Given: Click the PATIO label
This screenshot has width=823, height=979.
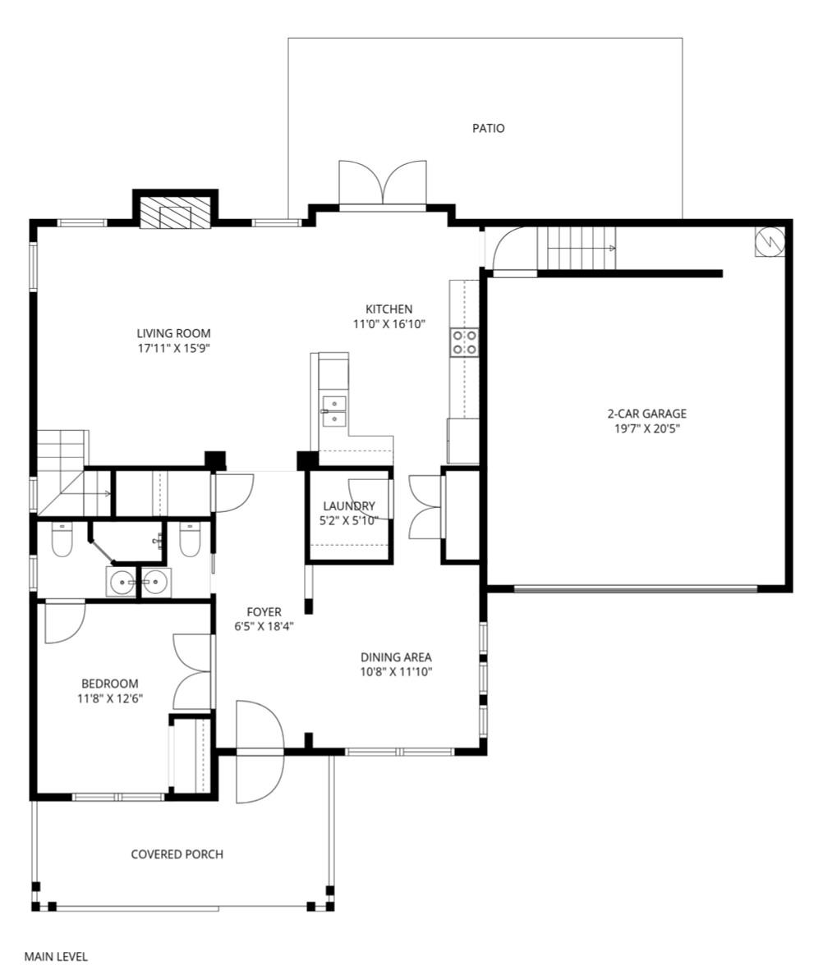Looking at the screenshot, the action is tap(488, 128).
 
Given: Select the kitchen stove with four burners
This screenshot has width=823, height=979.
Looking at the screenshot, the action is tap(464, 342).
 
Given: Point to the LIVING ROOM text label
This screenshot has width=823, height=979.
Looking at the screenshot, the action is tap(174, 333).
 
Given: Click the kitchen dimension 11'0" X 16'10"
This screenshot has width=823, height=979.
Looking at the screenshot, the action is tap(389, 324).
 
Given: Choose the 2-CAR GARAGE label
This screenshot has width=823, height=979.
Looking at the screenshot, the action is tap(646, 414).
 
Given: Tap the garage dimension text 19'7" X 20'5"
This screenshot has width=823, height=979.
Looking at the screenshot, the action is tap(646, 428).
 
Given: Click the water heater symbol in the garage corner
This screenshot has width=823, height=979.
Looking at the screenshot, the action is tap(770, 240).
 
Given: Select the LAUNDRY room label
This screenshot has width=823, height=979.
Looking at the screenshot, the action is tap(349, 506).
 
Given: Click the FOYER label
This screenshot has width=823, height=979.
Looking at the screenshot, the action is tap(264, 612).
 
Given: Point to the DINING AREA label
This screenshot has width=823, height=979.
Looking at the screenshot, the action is tap(396, 656).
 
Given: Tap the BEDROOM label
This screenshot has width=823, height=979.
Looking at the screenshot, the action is tap(110, 684).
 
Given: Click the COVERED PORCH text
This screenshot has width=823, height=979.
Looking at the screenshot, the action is tap(177, 854).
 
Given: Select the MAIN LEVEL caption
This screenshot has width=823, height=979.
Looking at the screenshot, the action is tap(56, 957).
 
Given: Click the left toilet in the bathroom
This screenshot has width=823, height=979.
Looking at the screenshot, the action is tap(62, 539).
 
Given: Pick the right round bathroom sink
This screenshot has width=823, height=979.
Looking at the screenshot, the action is tap(155, 583).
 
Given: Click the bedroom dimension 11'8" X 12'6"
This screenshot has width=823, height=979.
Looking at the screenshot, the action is tap(110, 698).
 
